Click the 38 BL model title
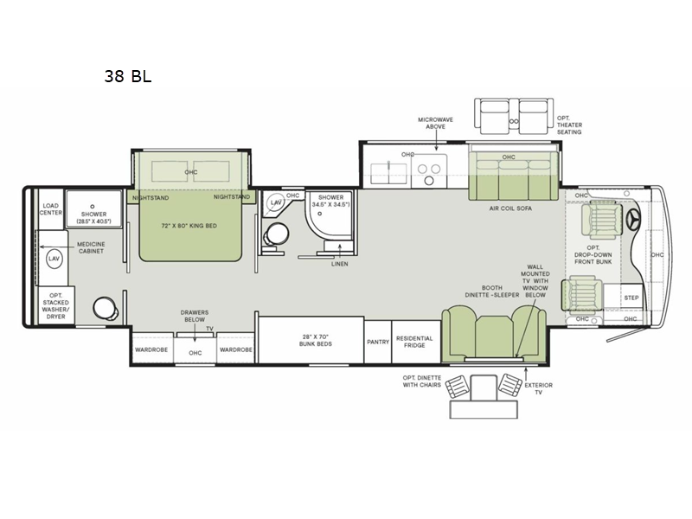click(x=128, y=76)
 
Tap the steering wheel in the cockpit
click(x=635, y=220)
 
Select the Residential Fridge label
click(x=414, y=342)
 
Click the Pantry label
click(x=378, y=342)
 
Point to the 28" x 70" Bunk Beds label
click(x=316, y=340)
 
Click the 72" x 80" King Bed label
click(x=189, y=226)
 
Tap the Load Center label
click(x=51, y=209)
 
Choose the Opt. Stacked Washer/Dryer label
click(x=55, y=306)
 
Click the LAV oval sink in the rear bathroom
click(x=54, y=259)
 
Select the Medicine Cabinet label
click(x=91, y=247)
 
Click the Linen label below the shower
click(x=339, y=264)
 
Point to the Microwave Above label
click(x=436, y=123)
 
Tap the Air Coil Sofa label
click(x=510, y=208)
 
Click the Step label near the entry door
click(x=631, y=298)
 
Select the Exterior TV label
click(x=538, y=388)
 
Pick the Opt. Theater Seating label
click(x=569, y=125)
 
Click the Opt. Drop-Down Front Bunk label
click(x=593, y=254)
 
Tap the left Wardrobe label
click(x=151, y=349)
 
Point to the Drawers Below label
click(x=194, y=316)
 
